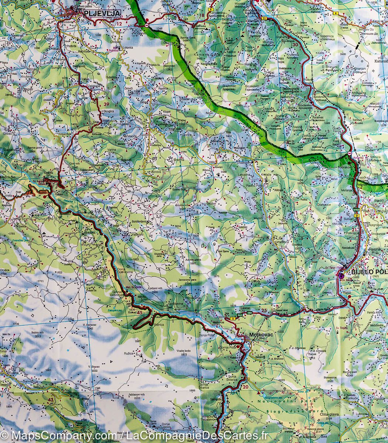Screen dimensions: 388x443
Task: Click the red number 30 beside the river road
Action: (x=295, y=45)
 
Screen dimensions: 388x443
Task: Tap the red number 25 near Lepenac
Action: (x=263, y=310)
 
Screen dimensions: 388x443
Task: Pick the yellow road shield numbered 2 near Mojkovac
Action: (x=233, y=318)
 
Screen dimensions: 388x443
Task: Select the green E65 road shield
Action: (x=240, y=314)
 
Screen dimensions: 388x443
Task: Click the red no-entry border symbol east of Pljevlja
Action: (x=147, y=25)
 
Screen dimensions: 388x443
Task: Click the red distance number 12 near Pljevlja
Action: (x=119, y=24)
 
